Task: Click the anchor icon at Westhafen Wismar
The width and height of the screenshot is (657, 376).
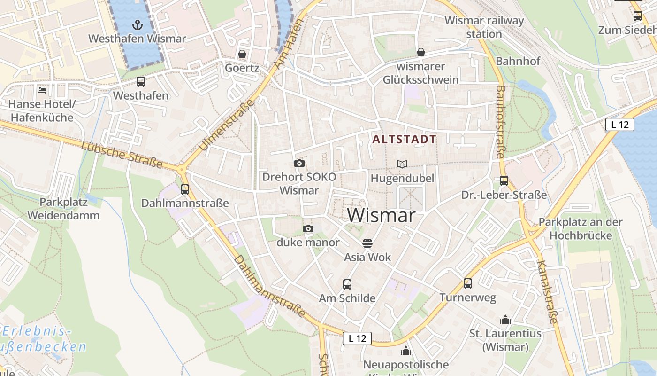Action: pos(138,24)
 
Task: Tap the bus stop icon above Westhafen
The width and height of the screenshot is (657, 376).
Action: pos(141,82)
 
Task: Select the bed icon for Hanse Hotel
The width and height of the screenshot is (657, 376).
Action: pos(42,90)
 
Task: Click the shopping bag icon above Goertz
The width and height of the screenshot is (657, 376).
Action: pos(242,54)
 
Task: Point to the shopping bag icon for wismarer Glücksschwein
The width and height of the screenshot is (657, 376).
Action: pos(421,52)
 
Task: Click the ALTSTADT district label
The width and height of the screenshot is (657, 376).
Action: pos(404,139)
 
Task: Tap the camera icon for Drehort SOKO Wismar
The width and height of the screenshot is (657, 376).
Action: pos(299,163)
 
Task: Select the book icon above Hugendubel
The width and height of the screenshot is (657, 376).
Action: pos(402,164)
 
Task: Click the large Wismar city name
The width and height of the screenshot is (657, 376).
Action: pos(382,215)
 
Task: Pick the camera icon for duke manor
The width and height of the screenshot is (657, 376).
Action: pos(308,228)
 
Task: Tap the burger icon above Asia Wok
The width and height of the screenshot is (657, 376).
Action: pos(367,243)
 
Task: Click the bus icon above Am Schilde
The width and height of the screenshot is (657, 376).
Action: pos(347,284)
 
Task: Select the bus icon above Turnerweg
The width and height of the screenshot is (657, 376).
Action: pos(468,283)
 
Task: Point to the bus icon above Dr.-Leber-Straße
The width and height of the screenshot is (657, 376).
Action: pos(504,180)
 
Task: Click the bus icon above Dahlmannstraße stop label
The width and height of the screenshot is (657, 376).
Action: pos(185,189)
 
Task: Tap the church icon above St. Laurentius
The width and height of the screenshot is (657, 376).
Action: pos(505,320)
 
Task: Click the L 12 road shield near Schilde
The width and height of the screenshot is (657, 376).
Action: pos(357,338)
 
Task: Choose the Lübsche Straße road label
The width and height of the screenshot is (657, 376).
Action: pos(122,155)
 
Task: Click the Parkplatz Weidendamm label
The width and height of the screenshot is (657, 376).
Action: pos(63,209)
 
